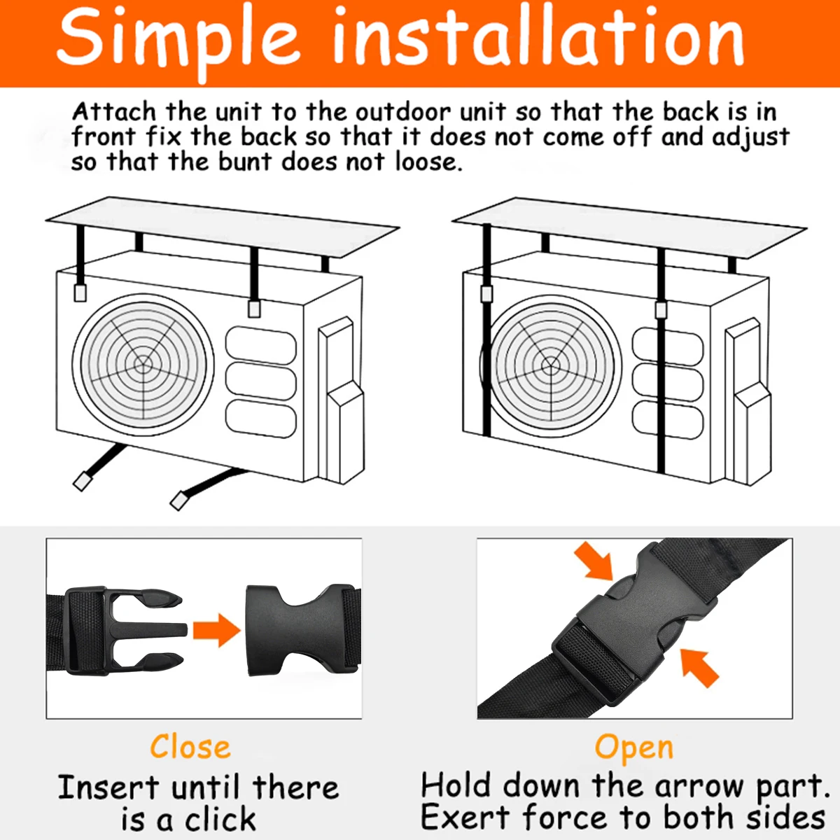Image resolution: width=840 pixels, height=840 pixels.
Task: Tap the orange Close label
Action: click(190, 746)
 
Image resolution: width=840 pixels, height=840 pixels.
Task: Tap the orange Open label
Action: click(633, 749)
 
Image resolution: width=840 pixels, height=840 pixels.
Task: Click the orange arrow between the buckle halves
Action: click(216, 630)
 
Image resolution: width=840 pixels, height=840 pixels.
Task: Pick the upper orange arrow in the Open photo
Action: click(594, 561)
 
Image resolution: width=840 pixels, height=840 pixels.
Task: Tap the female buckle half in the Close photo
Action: click(303, 630)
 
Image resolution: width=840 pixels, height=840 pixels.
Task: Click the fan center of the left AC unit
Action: click(143, 365)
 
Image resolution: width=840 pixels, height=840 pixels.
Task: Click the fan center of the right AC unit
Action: click(550, 365)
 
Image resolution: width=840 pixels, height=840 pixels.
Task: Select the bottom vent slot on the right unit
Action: click(667, 420)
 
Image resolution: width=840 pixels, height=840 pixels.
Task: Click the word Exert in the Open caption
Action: click(465, 817)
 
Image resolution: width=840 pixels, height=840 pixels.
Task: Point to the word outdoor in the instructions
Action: click(402, 112)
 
